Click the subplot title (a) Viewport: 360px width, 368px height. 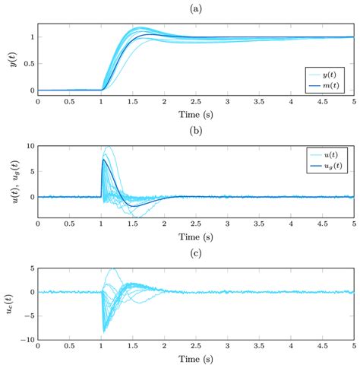[x=194, y=8]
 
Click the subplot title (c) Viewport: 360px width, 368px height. [x=194, y=252]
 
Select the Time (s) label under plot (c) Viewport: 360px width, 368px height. [x=194, y=358]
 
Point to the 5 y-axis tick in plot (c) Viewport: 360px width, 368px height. [x=31, y=268]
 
